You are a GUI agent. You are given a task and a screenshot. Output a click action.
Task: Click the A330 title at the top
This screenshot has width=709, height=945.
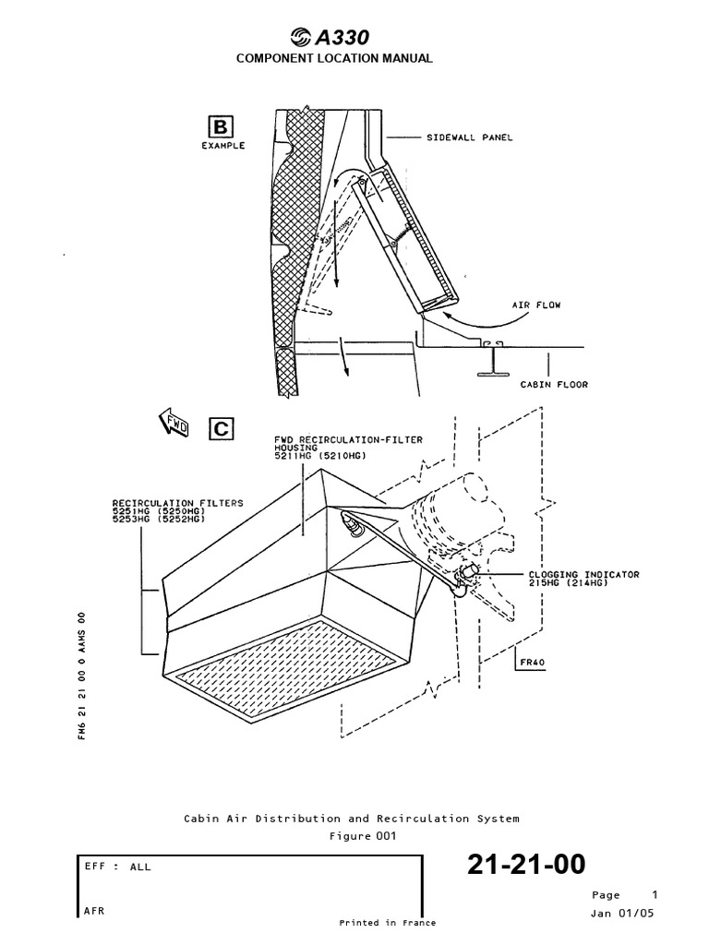(x=343, y=38)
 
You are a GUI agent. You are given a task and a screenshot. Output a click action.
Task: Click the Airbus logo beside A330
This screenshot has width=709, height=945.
(x=302, y=38)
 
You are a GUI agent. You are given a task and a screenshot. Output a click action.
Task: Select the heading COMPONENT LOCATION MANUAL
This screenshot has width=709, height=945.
(x=334, y=58)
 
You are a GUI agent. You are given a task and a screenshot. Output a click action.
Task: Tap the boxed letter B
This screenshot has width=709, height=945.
(x=222, y=126)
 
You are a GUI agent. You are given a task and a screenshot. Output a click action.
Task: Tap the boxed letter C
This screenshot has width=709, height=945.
(x=222, y=428)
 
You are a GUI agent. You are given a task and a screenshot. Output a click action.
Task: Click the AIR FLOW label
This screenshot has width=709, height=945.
(x=537, y=304)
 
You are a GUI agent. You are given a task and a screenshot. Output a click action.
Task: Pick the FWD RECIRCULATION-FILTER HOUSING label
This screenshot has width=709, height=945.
(x=348, y=448)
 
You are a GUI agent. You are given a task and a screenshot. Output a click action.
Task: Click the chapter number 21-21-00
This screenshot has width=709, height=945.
(x=525, y=865)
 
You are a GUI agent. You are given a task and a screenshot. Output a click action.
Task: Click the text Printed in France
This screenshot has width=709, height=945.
(x=387, y=922)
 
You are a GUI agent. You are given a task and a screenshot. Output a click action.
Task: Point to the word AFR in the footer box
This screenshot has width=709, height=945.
(x=93, y=910)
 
